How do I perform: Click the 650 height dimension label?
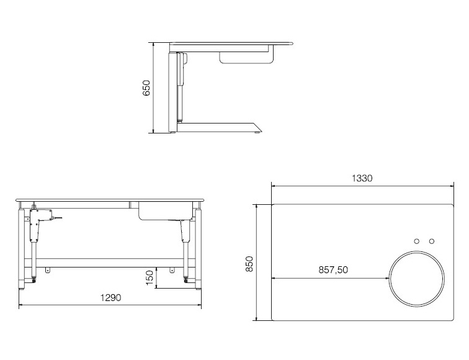pos(146,88)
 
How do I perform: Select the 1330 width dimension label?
pos(362,178)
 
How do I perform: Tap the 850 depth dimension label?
pos(249,264)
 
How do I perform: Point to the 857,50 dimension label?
pos(333,270)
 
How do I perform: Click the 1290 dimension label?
pos(110,297)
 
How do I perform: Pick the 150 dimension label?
pos(150,277)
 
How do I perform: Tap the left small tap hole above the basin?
pos(417,241)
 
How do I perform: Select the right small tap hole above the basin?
pos(432,241)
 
